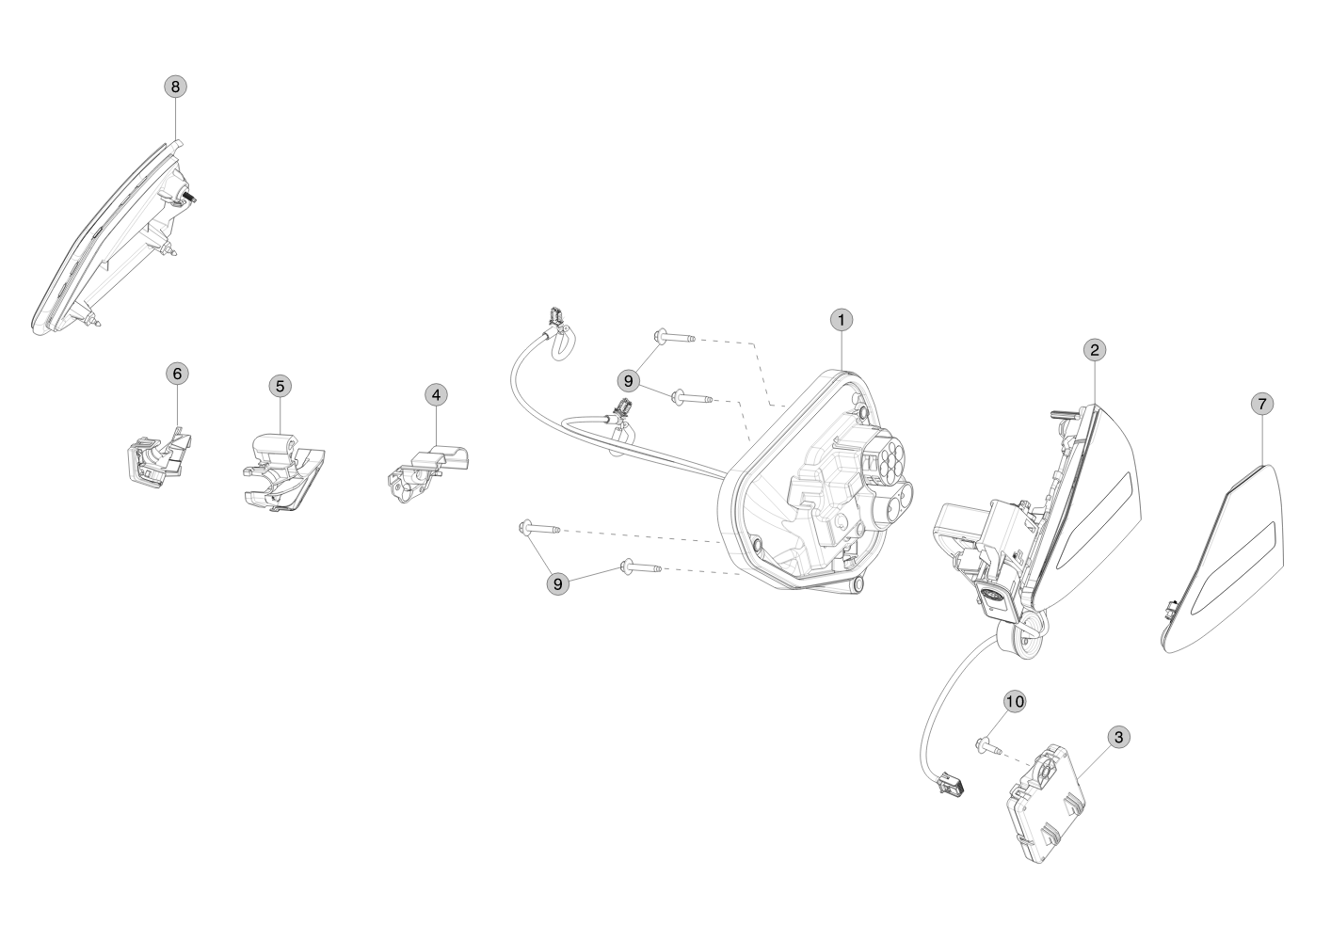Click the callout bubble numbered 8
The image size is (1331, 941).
[x=176, y=86]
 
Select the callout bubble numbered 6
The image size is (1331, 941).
[x=176, y=373]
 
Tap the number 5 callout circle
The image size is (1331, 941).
[x=280, y=385]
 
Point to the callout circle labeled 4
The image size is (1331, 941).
[x=435, y=394]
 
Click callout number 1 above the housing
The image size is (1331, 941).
[x=841, y=319]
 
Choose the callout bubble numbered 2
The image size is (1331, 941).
[x=1093, y=350]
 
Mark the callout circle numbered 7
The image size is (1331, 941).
[x=1262, y=403]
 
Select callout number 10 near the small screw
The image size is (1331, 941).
[x=1014, y=701]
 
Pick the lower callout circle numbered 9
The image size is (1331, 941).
[x=558, y=583]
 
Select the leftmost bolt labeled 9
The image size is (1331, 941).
[x=537, y=530]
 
